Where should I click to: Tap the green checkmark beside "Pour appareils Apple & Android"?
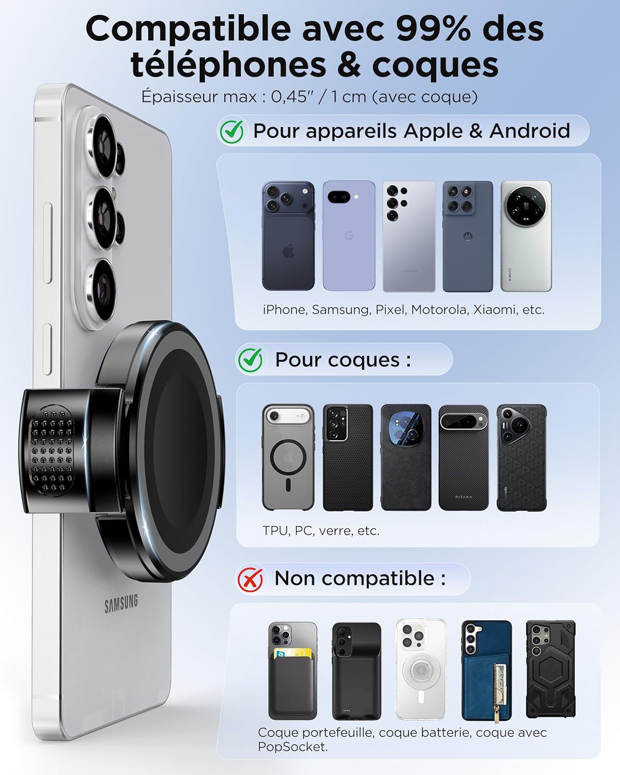point(231,132)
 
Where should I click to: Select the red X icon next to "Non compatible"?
point(250,579)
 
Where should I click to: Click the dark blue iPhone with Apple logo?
point(288,236)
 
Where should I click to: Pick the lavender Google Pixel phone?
point(349,236)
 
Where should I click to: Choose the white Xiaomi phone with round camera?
point(526,236)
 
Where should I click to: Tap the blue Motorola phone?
point(468,236)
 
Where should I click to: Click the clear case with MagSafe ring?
point(288,457)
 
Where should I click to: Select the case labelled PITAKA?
point(463,457)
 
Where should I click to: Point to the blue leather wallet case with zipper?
point(486,670)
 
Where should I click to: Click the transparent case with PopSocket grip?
point(421,670)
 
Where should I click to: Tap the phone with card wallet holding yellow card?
point(292,670)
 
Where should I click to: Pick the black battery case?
point(356,670)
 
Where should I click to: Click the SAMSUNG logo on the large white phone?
point(121,603)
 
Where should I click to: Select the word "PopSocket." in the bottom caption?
point(292,747)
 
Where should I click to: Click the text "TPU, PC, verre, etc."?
point(321,531)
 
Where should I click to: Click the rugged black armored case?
point(550,670)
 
